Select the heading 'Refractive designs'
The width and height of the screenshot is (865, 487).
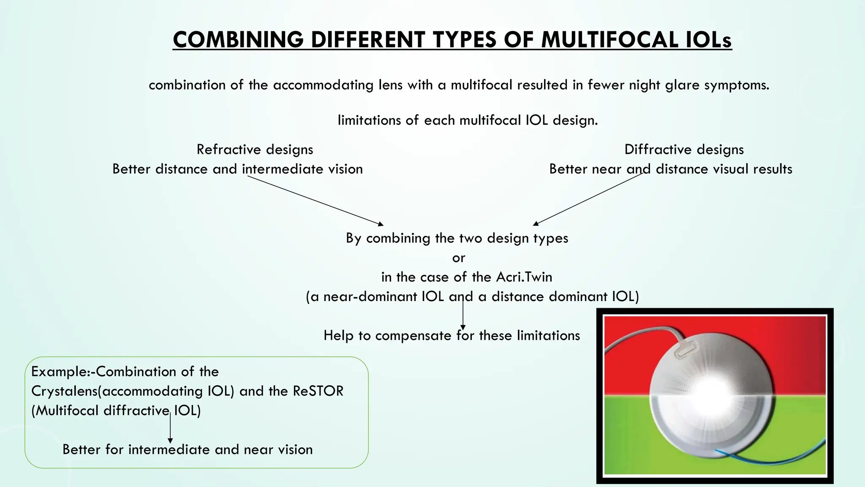tap(255, 149)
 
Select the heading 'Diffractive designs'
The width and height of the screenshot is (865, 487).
tap(684, 149)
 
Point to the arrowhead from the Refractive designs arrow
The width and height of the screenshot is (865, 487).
tap(381, 224)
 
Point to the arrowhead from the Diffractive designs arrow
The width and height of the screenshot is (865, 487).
tap(536, 223)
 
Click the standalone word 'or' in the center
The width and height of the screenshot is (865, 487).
tap(459, 258)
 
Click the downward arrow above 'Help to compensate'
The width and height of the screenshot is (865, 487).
tap(463, 315)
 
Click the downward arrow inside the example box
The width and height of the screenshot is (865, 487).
tap(170, 429)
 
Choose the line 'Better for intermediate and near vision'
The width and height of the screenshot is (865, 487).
tap(188, 449)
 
